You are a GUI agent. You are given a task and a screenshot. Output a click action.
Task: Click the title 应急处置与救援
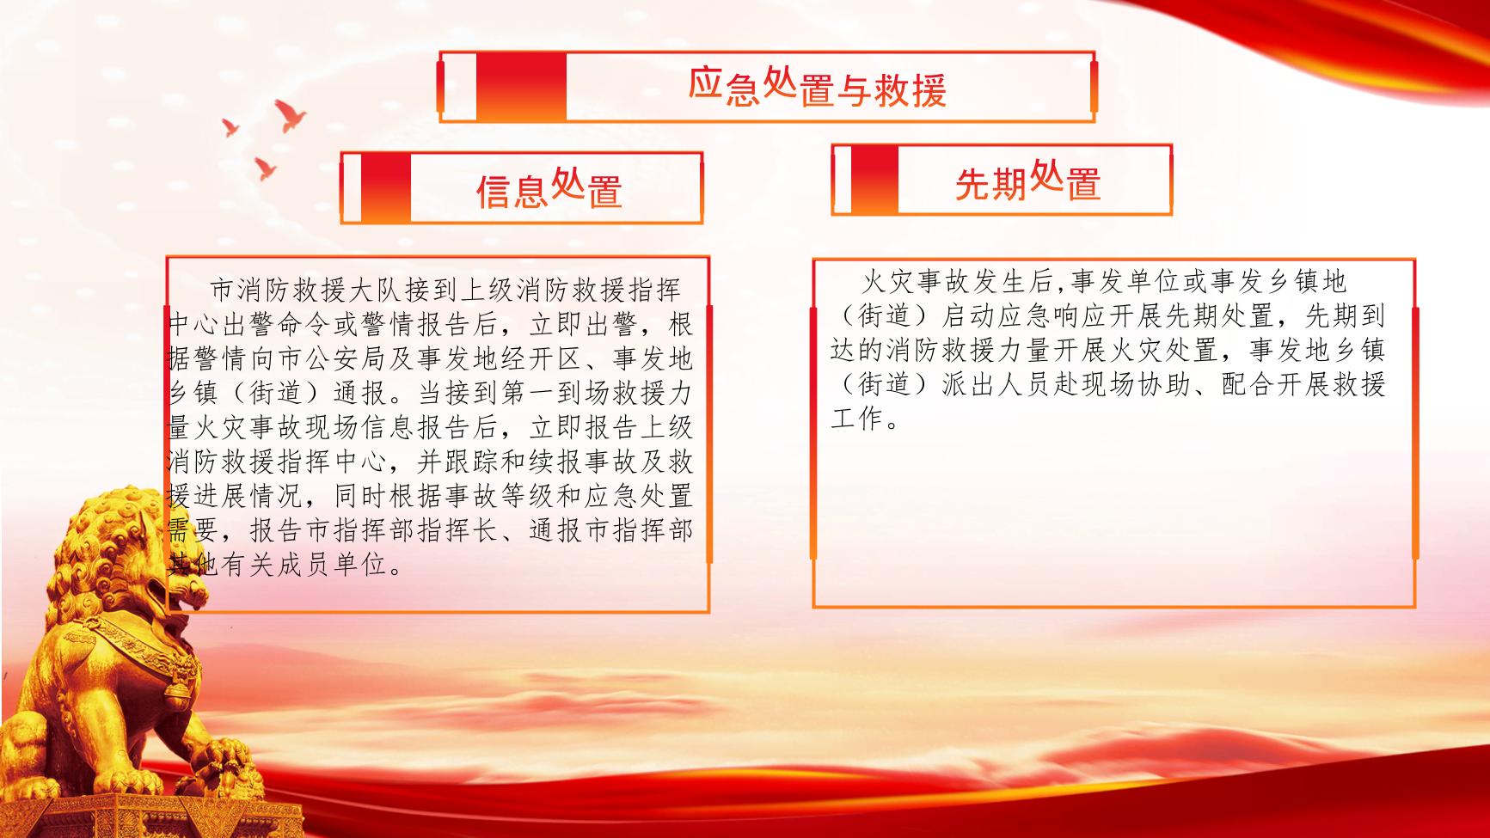tap(817, 88)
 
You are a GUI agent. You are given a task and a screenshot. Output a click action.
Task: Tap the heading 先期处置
tap(1027, 180)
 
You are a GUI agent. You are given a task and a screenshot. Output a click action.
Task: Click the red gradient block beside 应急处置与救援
tap(521, 87)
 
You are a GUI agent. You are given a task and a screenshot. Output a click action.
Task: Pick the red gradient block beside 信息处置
tap(385, 188)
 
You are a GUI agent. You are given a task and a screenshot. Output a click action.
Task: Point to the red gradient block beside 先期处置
tap(874, 180)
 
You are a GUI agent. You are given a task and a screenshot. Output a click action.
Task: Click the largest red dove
tap(291, 115)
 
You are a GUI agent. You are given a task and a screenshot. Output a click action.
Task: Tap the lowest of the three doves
tap(265, 168)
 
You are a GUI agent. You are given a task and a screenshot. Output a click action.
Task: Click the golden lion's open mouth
tap(162, 590)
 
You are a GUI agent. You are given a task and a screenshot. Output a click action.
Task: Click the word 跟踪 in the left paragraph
tap(469, 462)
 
